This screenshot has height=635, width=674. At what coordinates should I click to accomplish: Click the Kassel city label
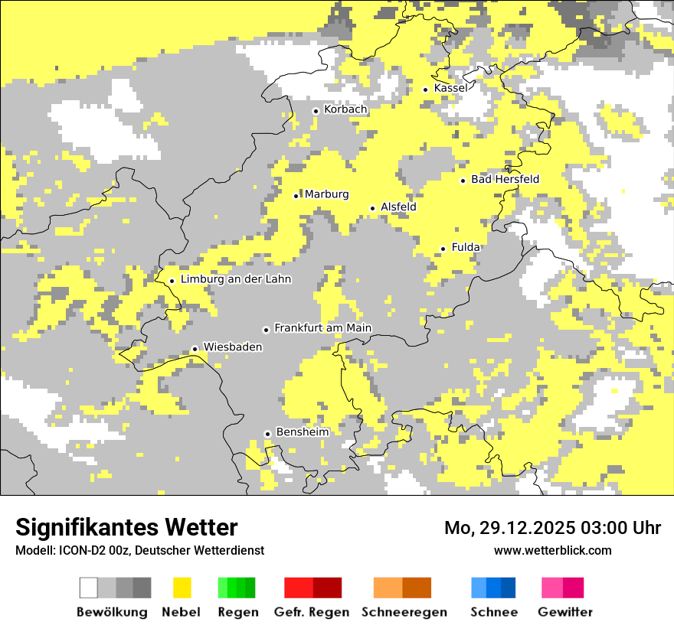450,89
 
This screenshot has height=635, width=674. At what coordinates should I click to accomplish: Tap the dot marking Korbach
316,111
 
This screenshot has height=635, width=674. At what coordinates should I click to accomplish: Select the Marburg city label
326,194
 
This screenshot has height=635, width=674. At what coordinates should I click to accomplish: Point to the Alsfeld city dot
373,208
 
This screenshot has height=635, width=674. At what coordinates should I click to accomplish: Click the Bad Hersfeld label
505,180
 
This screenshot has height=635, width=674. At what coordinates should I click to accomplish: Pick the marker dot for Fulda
443,249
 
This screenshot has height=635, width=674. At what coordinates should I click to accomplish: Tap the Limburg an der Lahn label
236,280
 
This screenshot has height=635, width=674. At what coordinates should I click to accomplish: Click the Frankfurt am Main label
322,328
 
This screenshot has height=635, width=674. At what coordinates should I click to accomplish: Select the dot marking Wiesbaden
195,349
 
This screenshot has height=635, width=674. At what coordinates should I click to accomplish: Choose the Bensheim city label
302,432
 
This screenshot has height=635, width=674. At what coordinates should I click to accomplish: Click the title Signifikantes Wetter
126,528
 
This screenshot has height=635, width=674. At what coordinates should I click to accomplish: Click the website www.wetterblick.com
552,550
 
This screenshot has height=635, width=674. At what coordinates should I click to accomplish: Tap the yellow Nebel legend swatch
182,588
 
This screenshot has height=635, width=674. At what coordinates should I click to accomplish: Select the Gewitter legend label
565,612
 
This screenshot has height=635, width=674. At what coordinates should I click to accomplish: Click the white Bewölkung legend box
89,588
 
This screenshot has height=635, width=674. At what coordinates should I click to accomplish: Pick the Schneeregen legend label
404,612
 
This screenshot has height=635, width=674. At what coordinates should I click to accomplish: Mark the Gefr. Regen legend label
312,612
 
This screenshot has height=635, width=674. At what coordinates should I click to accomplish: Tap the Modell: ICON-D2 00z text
69,551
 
